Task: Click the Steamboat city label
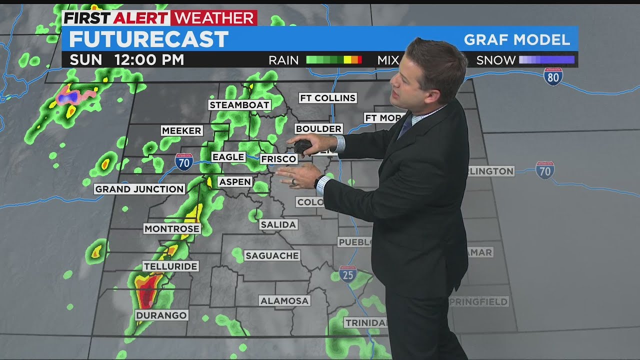(x=239, y=105)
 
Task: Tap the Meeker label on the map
(x=181, y=130)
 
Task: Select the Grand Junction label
(x=139, y=189)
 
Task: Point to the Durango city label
(x=161, y=315)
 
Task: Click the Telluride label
(x=170, y=266)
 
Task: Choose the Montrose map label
(x=172, y=228)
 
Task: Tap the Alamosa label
(x=284, y=300)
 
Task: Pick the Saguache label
(x=272, y=255)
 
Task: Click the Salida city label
(x=278, y=224)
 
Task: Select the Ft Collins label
(x=327, y=98)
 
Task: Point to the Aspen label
(x=234, y=181)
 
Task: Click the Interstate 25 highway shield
(x=347, y=273)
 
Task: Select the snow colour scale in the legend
(x=546, y=60)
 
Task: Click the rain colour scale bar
(x=333, y=60)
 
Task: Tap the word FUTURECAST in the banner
(x=148, y=39)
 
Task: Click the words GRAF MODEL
(x=517, y=40)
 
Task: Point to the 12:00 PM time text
(x=149, y=60)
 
